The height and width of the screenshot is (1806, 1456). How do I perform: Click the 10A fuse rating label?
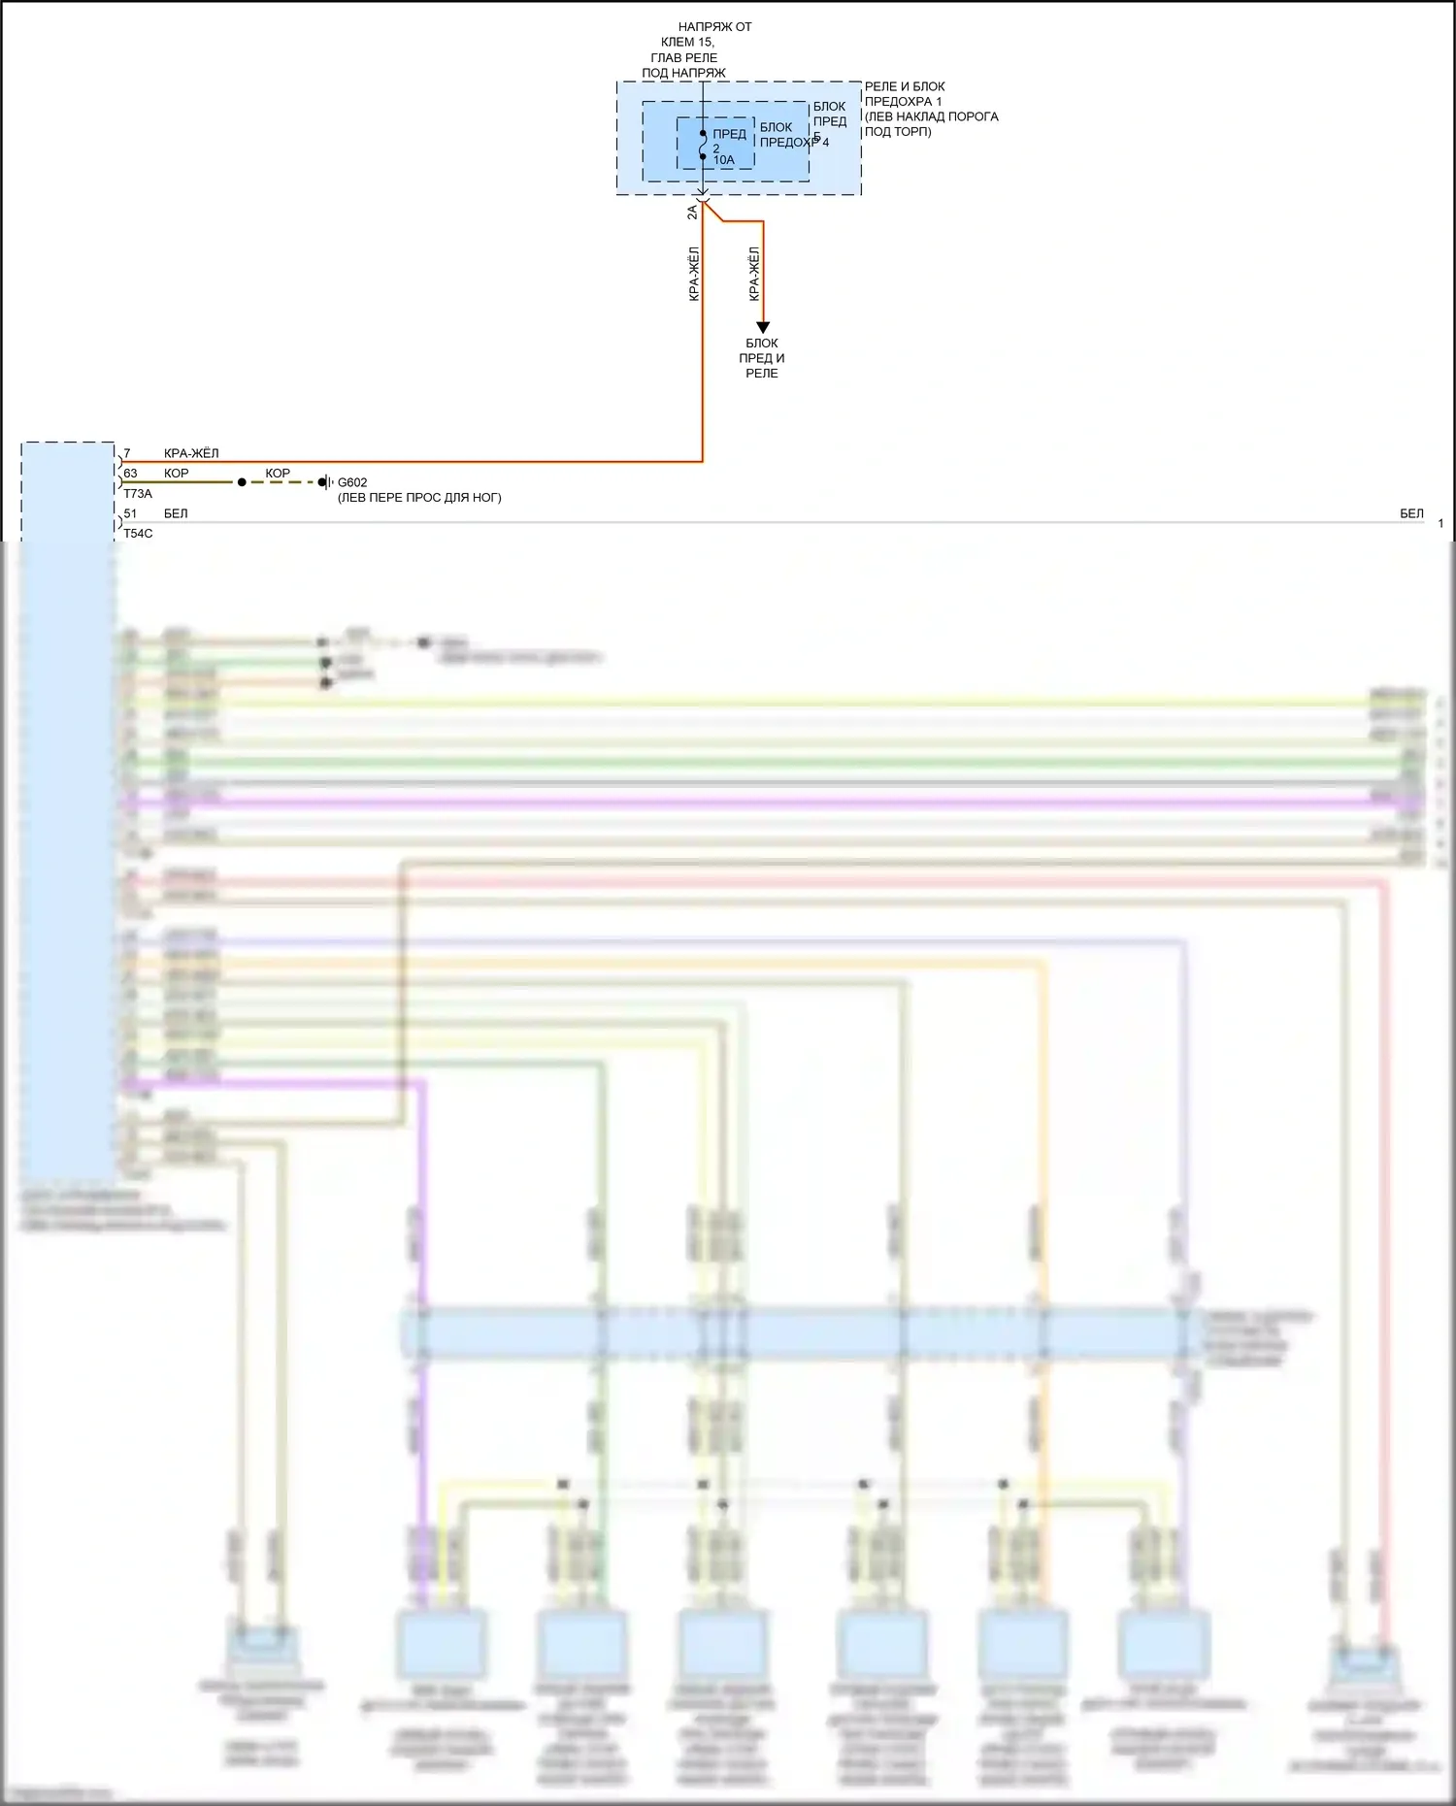pos(724,160)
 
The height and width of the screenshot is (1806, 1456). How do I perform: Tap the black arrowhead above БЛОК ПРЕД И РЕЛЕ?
pos(763,327)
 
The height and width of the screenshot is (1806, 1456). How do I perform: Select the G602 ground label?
pos(352,482)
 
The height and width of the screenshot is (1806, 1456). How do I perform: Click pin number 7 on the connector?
pos(127,453)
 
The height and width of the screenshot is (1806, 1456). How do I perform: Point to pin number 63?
pos(130,474)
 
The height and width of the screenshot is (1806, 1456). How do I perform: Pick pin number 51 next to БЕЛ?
pos(130,513)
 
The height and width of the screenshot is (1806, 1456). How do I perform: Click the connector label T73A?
pos(138,494)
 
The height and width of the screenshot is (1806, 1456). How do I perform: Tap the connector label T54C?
pos(138,534)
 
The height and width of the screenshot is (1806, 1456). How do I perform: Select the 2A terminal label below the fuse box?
pos(692,212)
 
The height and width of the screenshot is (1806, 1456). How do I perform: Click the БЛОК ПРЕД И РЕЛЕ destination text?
pos(762,358)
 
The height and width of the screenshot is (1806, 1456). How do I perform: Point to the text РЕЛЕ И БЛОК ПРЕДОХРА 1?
pos(904,93)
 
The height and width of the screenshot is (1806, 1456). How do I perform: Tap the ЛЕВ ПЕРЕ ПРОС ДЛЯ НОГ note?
pos(419,498)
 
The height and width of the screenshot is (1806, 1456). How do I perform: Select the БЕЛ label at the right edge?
pos(1411,513)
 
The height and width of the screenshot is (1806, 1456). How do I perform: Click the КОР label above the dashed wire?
pos(278,474)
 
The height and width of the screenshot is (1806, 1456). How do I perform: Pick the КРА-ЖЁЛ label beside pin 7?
pos(191,453)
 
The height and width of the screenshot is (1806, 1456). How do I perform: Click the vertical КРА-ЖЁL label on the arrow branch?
pos(754,273)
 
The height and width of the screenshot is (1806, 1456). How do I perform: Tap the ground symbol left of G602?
pos(325,482)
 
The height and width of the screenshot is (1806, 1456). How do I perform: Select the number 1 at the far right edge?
pos(1440,523)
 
